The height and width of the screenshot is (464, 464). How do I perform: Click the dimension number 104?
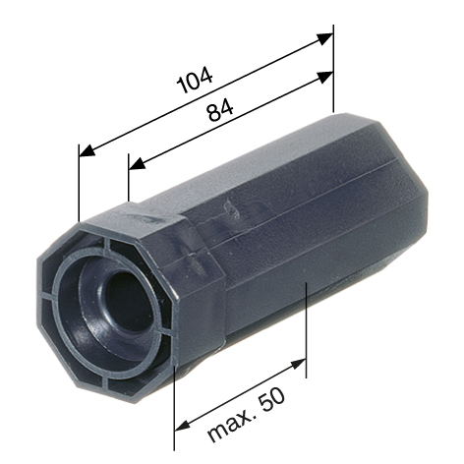195,80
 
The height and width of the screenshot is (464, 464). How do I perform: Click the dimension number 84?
220,110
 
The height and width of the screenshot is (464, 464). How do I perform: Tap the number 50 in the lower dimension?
271,399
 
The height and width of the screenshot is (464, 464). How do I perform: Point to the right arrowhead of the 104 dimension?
324,38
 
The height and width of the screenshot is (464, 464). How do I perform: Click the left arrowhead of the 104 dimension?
87,150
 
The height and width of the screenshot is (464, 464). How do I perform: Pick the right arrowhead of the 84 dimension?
324,77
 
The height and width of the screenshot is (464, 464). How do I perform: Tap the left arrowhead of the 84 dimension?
137,163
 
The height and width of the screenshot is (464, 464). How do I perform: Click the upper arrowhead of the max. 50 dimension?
298,364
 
